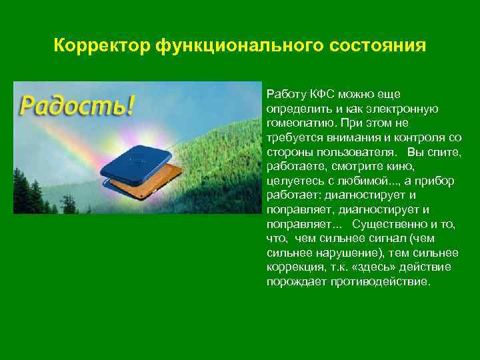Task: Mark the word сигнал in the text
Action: [392, 239]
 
